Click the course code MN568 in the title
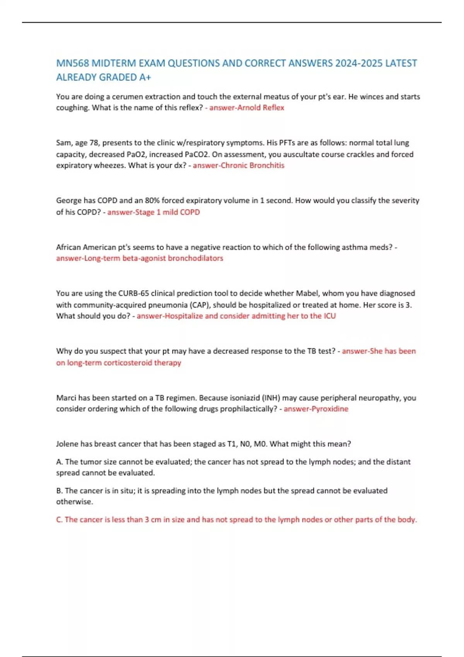72,63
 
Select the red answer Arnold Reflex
261,108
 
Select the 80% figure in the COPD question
152,201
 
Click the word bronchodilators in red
195,258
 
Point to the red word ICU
329,316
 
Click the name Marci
67,398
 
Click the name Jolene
67,444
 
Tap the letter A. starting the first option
60,462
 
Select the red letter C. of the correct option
60,520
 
